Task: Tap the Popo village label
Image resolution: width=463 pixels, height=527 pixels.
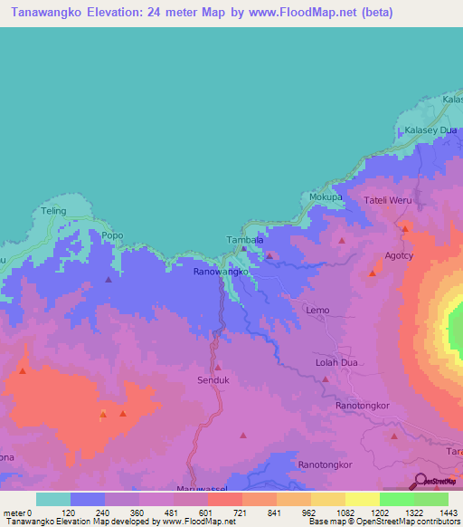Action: pyautogui.click(x=112, y=235)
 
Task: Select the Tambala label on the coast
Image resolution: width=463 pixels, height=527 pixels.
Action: pyautogui.click(x=244, y=240)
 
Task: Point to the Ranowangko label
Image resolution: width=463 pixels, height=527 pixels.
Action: pyautogui.click(x=222, y=272)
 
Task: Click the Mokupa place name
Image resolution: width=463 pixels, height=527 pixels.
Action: pyautogui.click(x=326, y=196)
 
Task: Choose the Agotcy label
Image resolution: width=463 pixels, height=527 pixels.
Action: pyautogui.click(x=400, y=256)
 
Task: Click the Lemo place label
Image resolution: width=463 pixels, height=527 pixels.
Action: pyautogui.click(x=317, y=310)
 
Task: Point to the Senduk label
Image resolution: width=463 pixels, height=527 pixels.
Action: pyautogui.click(x=215, y=381)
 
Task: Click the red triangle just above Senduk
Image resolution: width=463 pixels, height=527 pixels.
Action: pyautogui.click(x=218, y=367)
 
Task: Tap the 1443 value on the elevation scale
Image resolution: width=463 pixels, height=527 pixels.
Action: pyautogui.click(x=439, y=512)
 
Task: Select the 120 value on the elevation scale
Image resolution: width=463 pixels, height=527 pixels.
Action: pyautogui.click(x=68, y=512)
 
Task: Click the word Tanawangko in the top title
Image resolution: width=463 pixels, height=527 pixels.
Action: pyautogui.click(x=44, y=13)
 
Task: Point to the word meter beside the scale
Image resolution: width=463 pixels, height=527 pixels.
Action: pyautogui.click(x=14, y=512)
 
